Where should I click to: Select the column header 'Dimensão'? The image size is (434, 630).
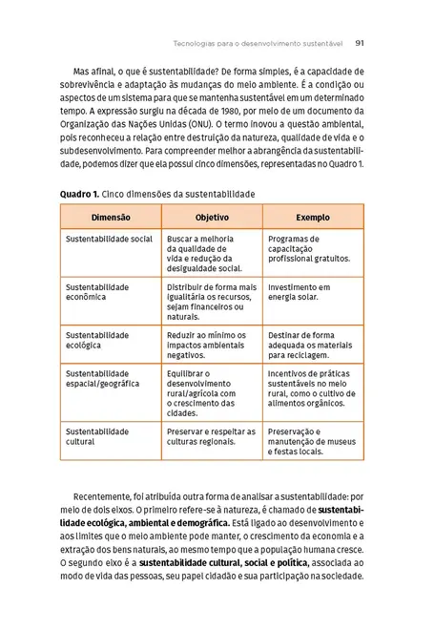111,217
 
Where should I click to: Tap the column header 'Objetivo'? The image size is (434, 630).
212,217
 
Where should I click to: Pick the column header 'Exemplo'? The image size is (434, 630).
313,217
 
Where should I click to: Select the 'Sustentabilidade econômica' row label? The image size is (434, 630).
97,292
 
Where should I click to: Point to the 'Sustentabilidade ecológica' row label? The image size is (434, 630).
97,341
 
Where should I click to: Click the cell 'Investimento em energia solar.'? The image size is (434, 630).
299,292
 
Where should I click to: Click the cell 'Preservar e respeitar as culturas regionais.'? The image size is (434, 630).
210,436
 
